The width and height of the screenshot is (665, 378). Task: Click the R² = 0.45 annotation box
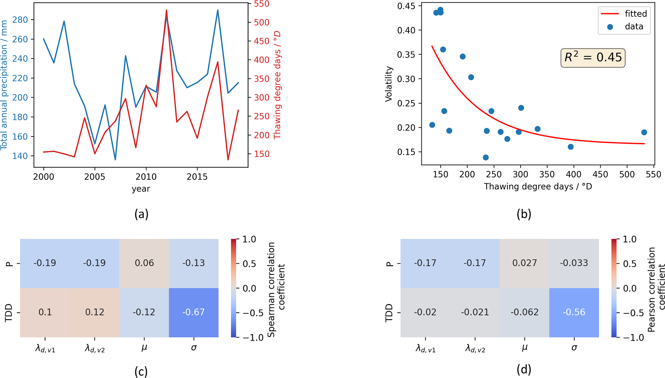(x=593, y=58)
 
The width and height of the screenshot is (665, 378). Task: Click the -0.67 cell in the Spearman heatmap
(x=193, y=312)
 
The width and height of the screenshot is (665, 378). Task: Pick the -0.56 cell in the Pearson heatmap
(x=574, y=312)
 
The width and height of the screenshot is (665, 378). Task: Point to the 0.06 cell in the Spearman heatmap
(x=144, y=263)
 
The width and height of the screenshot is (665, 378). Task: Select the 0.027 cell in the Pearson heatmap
(x=524, y=263)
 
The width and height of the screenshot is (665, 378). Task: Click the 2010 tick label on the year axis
(x=146, y=177)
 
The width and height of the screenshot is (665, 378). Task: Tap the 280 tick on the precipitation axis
(x=20, y=20)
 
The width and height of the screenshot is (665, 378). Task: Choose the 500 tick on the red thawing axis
(x=262, y=23)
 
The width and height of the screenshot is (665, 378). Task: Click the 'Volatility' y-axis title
(x=389, y=84)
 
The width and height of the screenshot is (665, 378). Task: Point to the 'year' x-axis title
(x=141, y=189)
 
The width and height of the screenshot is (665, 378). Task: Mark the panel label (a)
(x=141, y=214)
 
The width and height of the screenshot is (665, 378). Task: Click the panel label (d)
(x=524, y=369)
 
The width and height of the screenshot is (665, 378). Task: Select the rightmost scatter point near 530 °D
(x=644, y=132)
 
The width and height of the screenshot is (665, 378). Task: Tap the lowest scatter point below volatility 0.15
(x=486, y=157)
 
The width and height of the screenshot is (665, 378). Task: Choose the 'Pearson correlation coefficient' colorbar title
(x=656, y=289)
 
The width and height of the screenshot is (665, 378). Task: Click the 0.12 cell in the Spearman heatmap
(x=95, y=312)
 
